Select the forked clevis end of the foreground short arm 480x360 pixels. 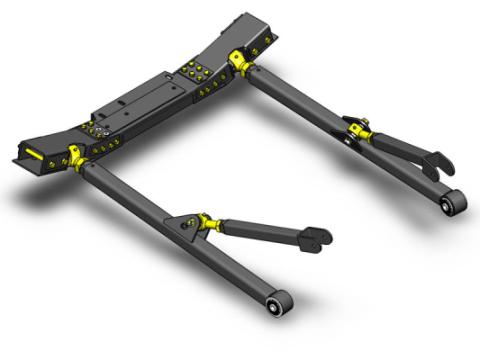click(x=319, y=237)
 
